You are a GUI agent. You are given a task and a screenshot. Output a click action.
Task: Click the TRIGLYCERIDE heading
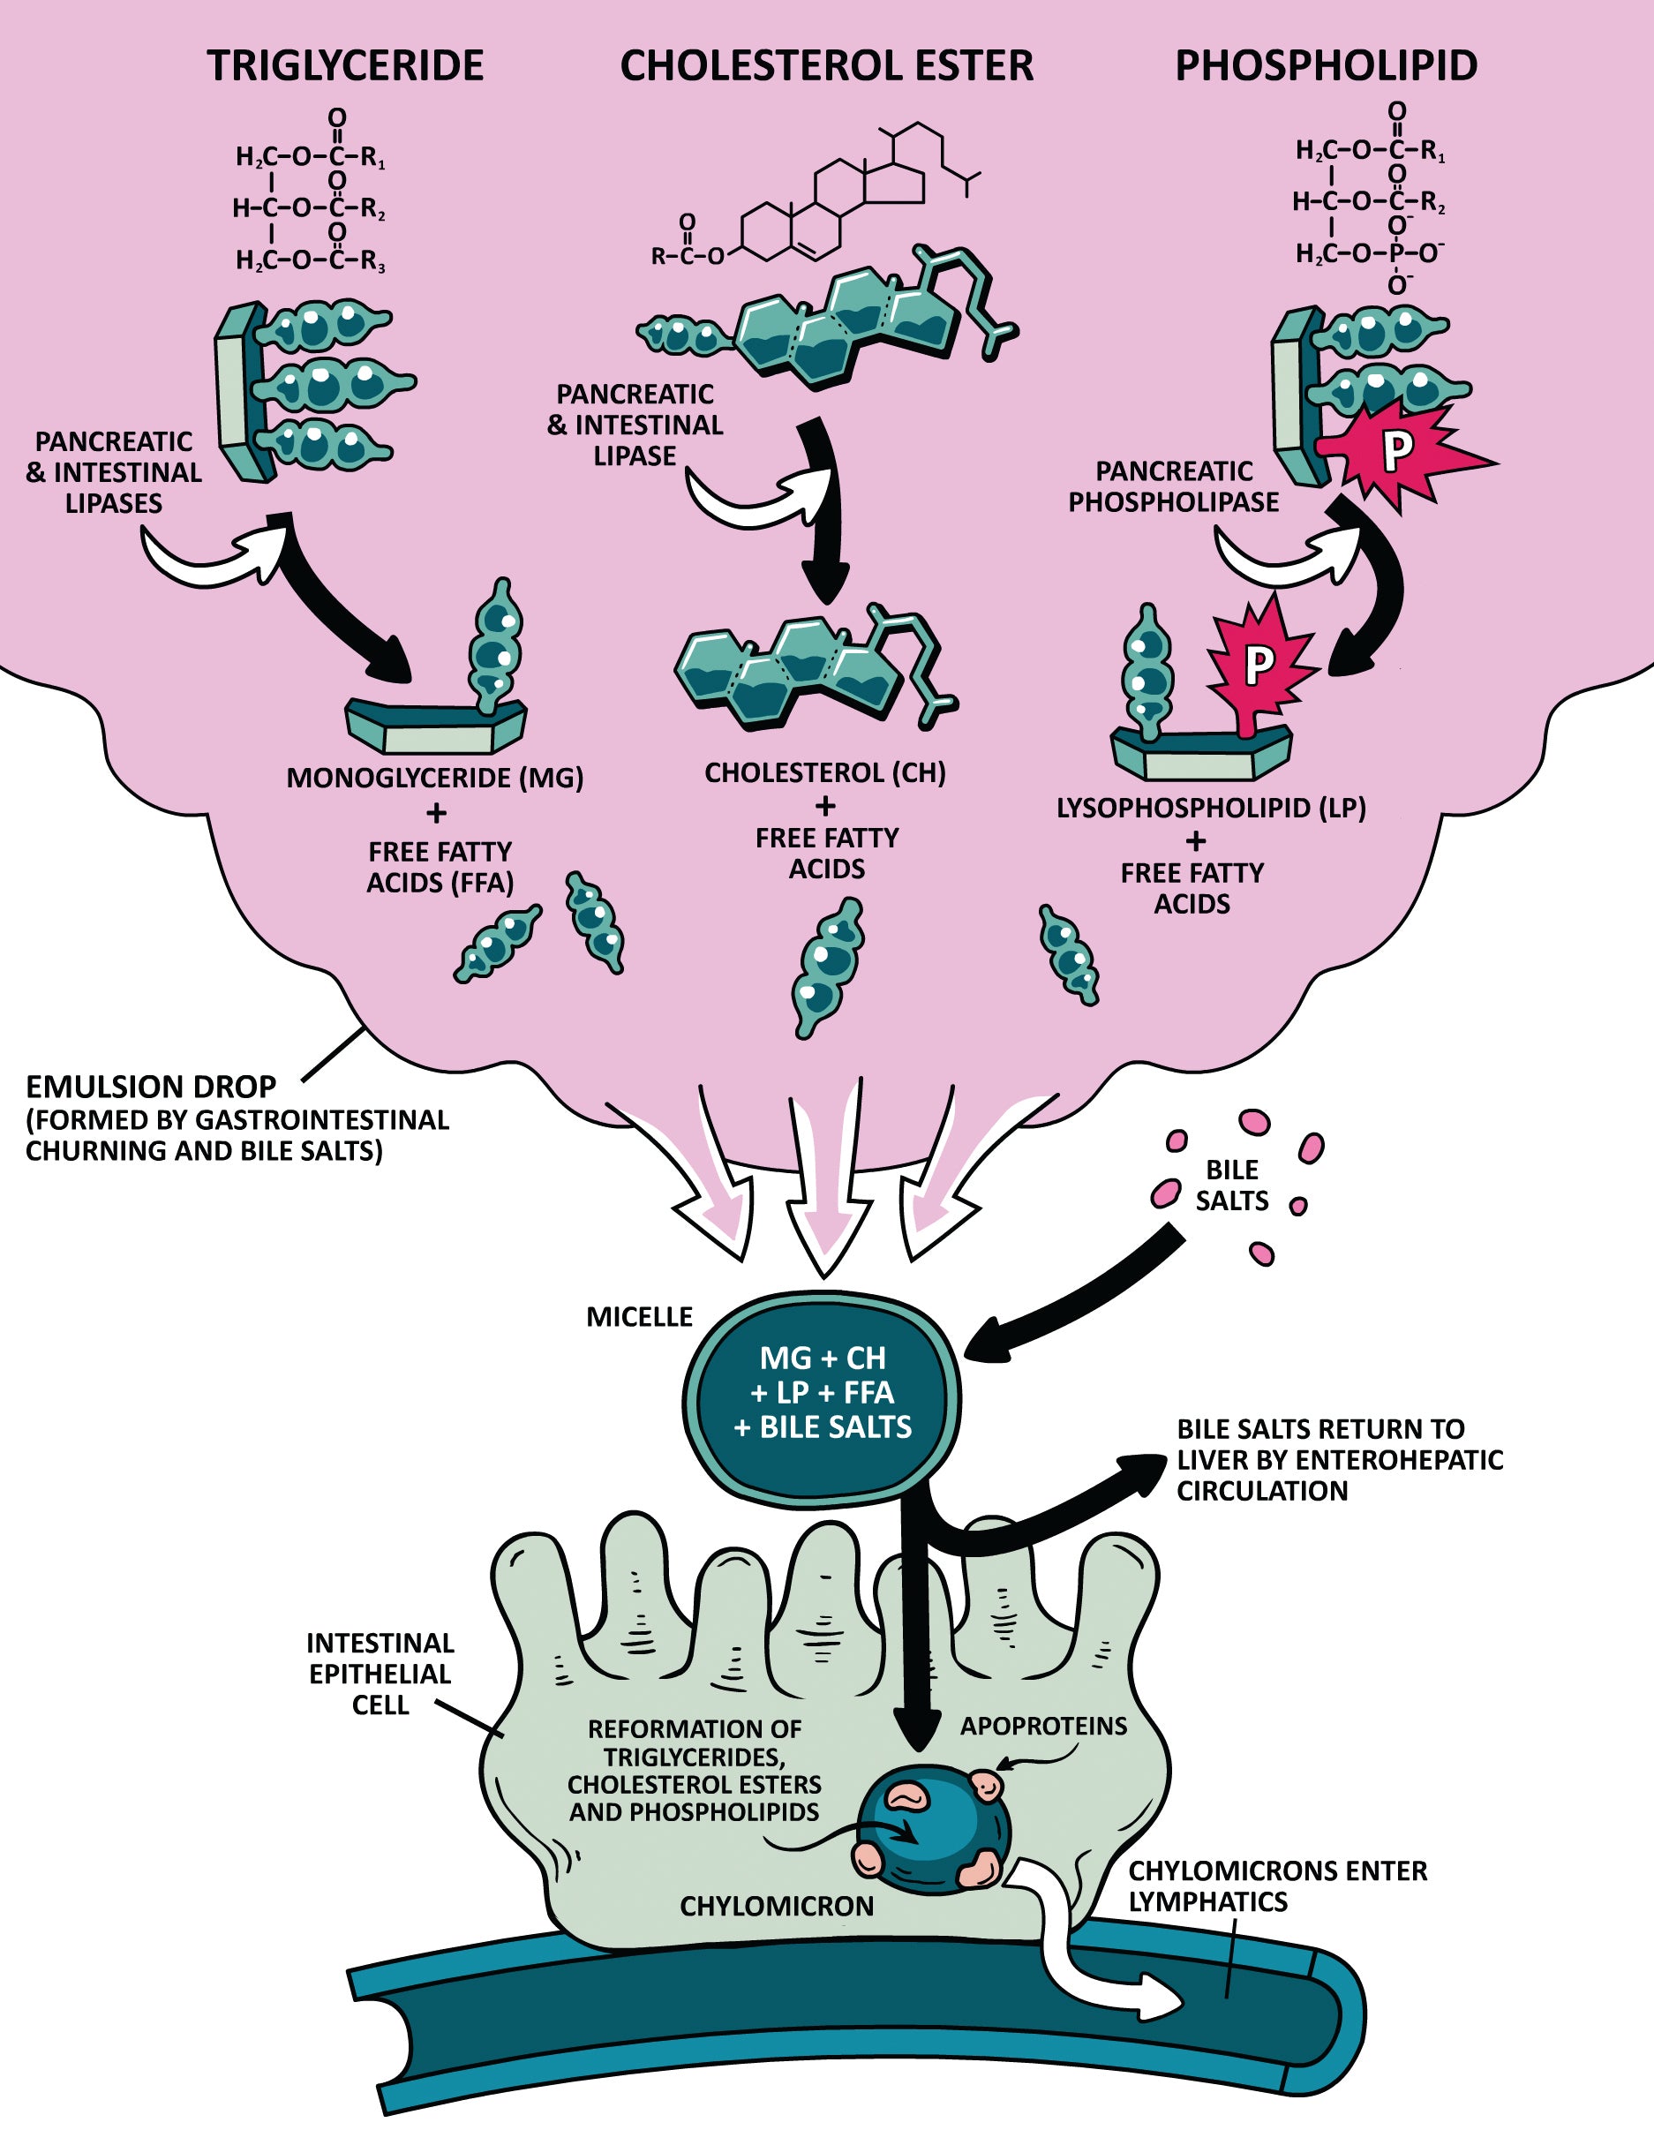(345, 66)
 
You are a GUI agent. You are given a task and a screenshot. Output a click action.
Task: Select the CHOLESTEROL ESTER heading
(826, 66)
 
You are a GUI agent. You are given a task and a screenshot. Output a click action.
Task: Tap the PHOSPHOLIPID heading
(1326, 66)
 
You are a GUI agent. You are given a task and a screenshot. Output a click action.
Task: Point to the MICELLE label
(639, 1318)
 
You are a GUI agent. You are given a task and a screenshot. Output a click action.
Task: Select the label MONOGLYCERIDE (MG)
(435, 779)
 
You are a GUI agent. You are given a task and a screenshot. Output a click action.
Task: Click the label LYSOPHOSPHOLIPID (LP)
(1211, 809)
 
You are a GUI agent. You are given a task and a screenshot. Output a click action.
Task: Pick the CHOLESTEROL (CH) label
(825, 773)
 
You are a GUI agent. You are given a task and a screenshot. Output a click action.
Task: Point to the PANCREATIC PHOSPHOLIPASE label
(1173, 486)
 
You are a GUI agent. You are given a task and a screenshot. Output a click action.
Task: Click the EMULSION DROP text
(151, 1088)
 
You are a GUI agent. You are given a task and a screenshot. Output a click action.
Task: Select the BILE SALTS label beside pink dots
(1232, 1185)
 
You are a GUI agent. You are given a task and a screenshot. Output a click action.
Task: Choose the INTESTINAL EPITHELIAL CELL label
(380, 1674)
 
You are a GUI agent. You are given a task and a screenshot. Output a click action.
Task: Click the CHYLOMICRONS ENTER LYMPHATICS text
(1277, 1886)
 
